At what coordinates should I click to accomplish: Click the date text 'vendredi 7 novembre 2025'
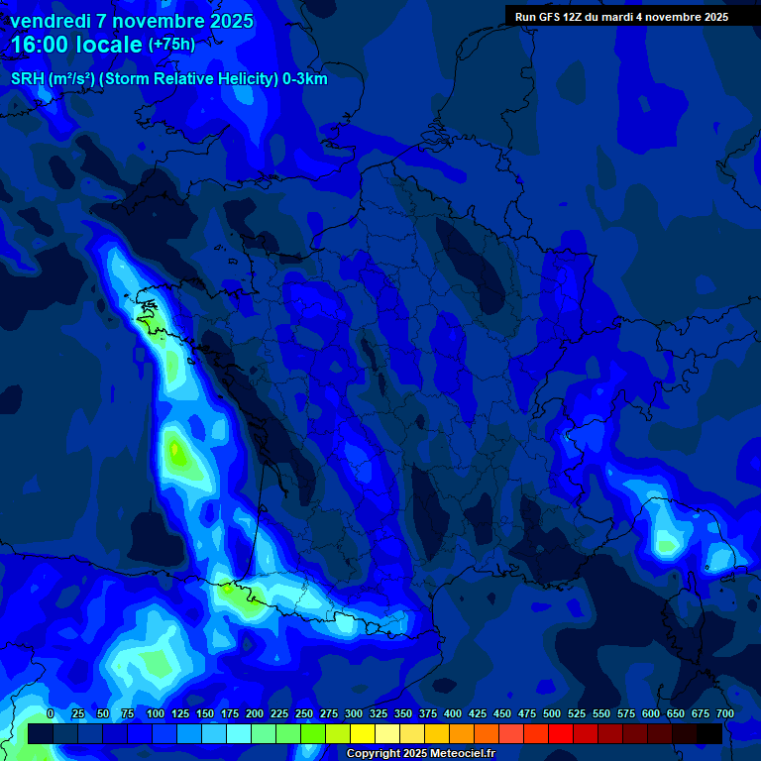(131, 21)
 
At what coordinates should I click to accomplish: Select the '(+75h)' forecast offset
(172, 45)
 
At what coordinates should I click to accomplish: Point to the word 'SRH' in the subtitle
(27, 79)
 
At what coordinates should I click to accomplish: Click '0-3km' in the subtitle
(304, 79)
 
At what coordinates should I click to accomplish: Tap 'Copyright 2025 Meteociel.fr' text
(420, 754)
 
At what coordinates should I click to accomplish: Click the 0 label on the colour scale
(51, 714)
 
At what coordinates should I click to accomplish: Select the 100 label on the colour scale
(156, 714)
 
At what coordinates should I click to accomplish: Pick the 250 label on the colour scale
(304, 714)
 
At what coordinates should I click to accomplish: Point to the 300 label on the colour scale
(354, 714)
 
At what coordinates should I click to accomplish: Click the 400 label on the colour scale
(453, 714)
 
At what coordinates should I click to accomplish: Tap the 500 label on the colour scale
(552, 714)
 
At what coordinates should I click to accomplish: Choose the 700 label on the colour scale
(724, 714)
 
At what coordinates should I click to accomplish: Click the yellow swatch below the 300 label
(362, 733)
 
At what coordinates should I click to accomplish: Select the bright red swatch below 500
(560, 733)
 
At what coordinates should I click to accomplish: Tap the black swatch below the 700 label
(708, 733)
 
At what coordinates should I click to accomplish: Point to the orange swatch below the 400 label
(461, 733)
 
